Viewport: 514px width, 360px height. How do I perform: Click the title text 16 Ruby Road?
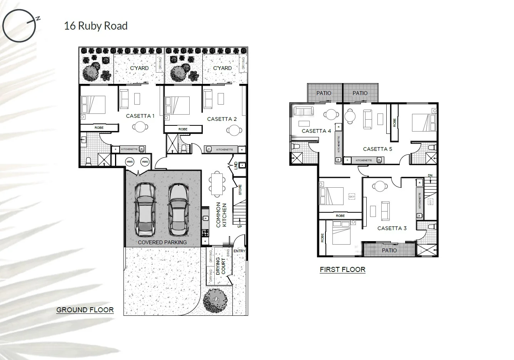tap(96, 26)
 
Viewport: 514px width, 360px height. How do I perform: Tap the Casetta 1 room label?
tap(140, 116)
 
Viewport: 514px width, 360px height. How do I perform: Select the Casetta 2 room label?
tap(222, 119)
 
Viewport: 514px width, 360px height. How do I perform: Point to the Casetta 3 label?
tap(392, 228)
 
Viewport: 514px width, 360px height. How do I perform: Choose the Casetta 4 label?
tap(316, 131)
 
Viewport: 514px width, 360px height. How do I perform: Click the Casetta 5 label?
tap(377, 149)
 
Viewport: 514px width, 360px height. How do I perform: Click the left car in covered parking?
tap(145, 210)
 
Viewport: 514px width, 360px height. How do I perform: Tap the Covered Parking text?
tap(162, 242)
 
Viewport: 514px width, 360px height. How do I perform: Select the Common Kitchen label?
tap(221, 215)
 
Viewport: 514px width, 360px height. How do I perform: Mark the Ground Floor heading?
tap(85, 310)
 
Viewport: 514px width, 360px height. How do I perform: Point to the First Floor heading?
tap(342, 270)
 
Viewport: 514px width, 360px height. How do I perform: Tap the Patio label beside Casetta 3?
tap(389, 250)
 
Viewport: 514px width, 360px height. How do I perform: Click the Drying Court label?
tap(220, 266)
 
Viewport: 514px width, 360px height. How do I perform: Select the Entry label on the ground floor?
tap(239, 251)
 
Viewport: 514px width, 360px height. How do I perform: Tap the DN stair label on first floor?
tap(430, 175)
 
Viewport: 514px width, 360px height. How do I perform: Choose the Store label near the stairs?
tap(240, 190)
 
